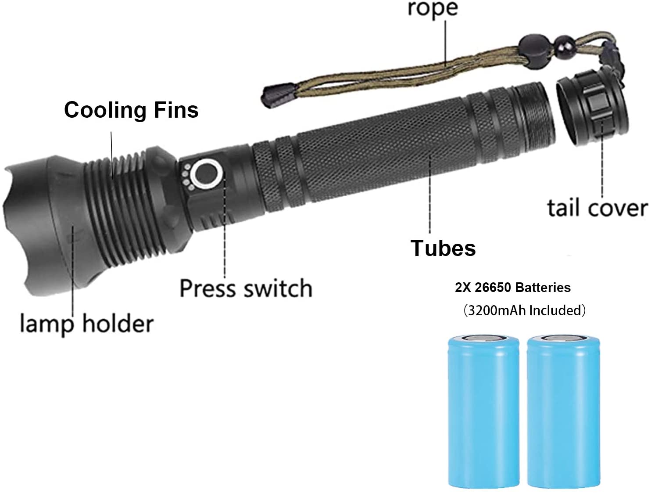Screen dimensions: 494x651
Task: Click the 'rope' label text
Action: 433,9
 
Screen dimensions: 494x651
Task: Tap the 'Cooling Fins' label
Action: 131,110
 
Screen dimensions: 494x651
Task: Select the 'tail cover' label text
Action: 597,208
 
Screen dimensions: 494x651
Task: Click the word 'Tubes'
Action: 443,248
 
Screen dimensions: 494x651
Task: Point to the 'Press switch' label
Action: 246,288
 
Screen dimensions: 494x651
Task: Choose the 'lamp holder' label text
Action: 87,324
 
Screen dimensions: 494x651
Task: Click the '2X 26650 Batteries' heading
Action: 512,288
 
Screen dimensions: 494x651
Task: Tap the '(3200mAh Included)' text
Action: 524,310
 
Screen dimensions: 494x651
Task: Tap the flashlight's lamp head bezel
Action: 39,224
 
